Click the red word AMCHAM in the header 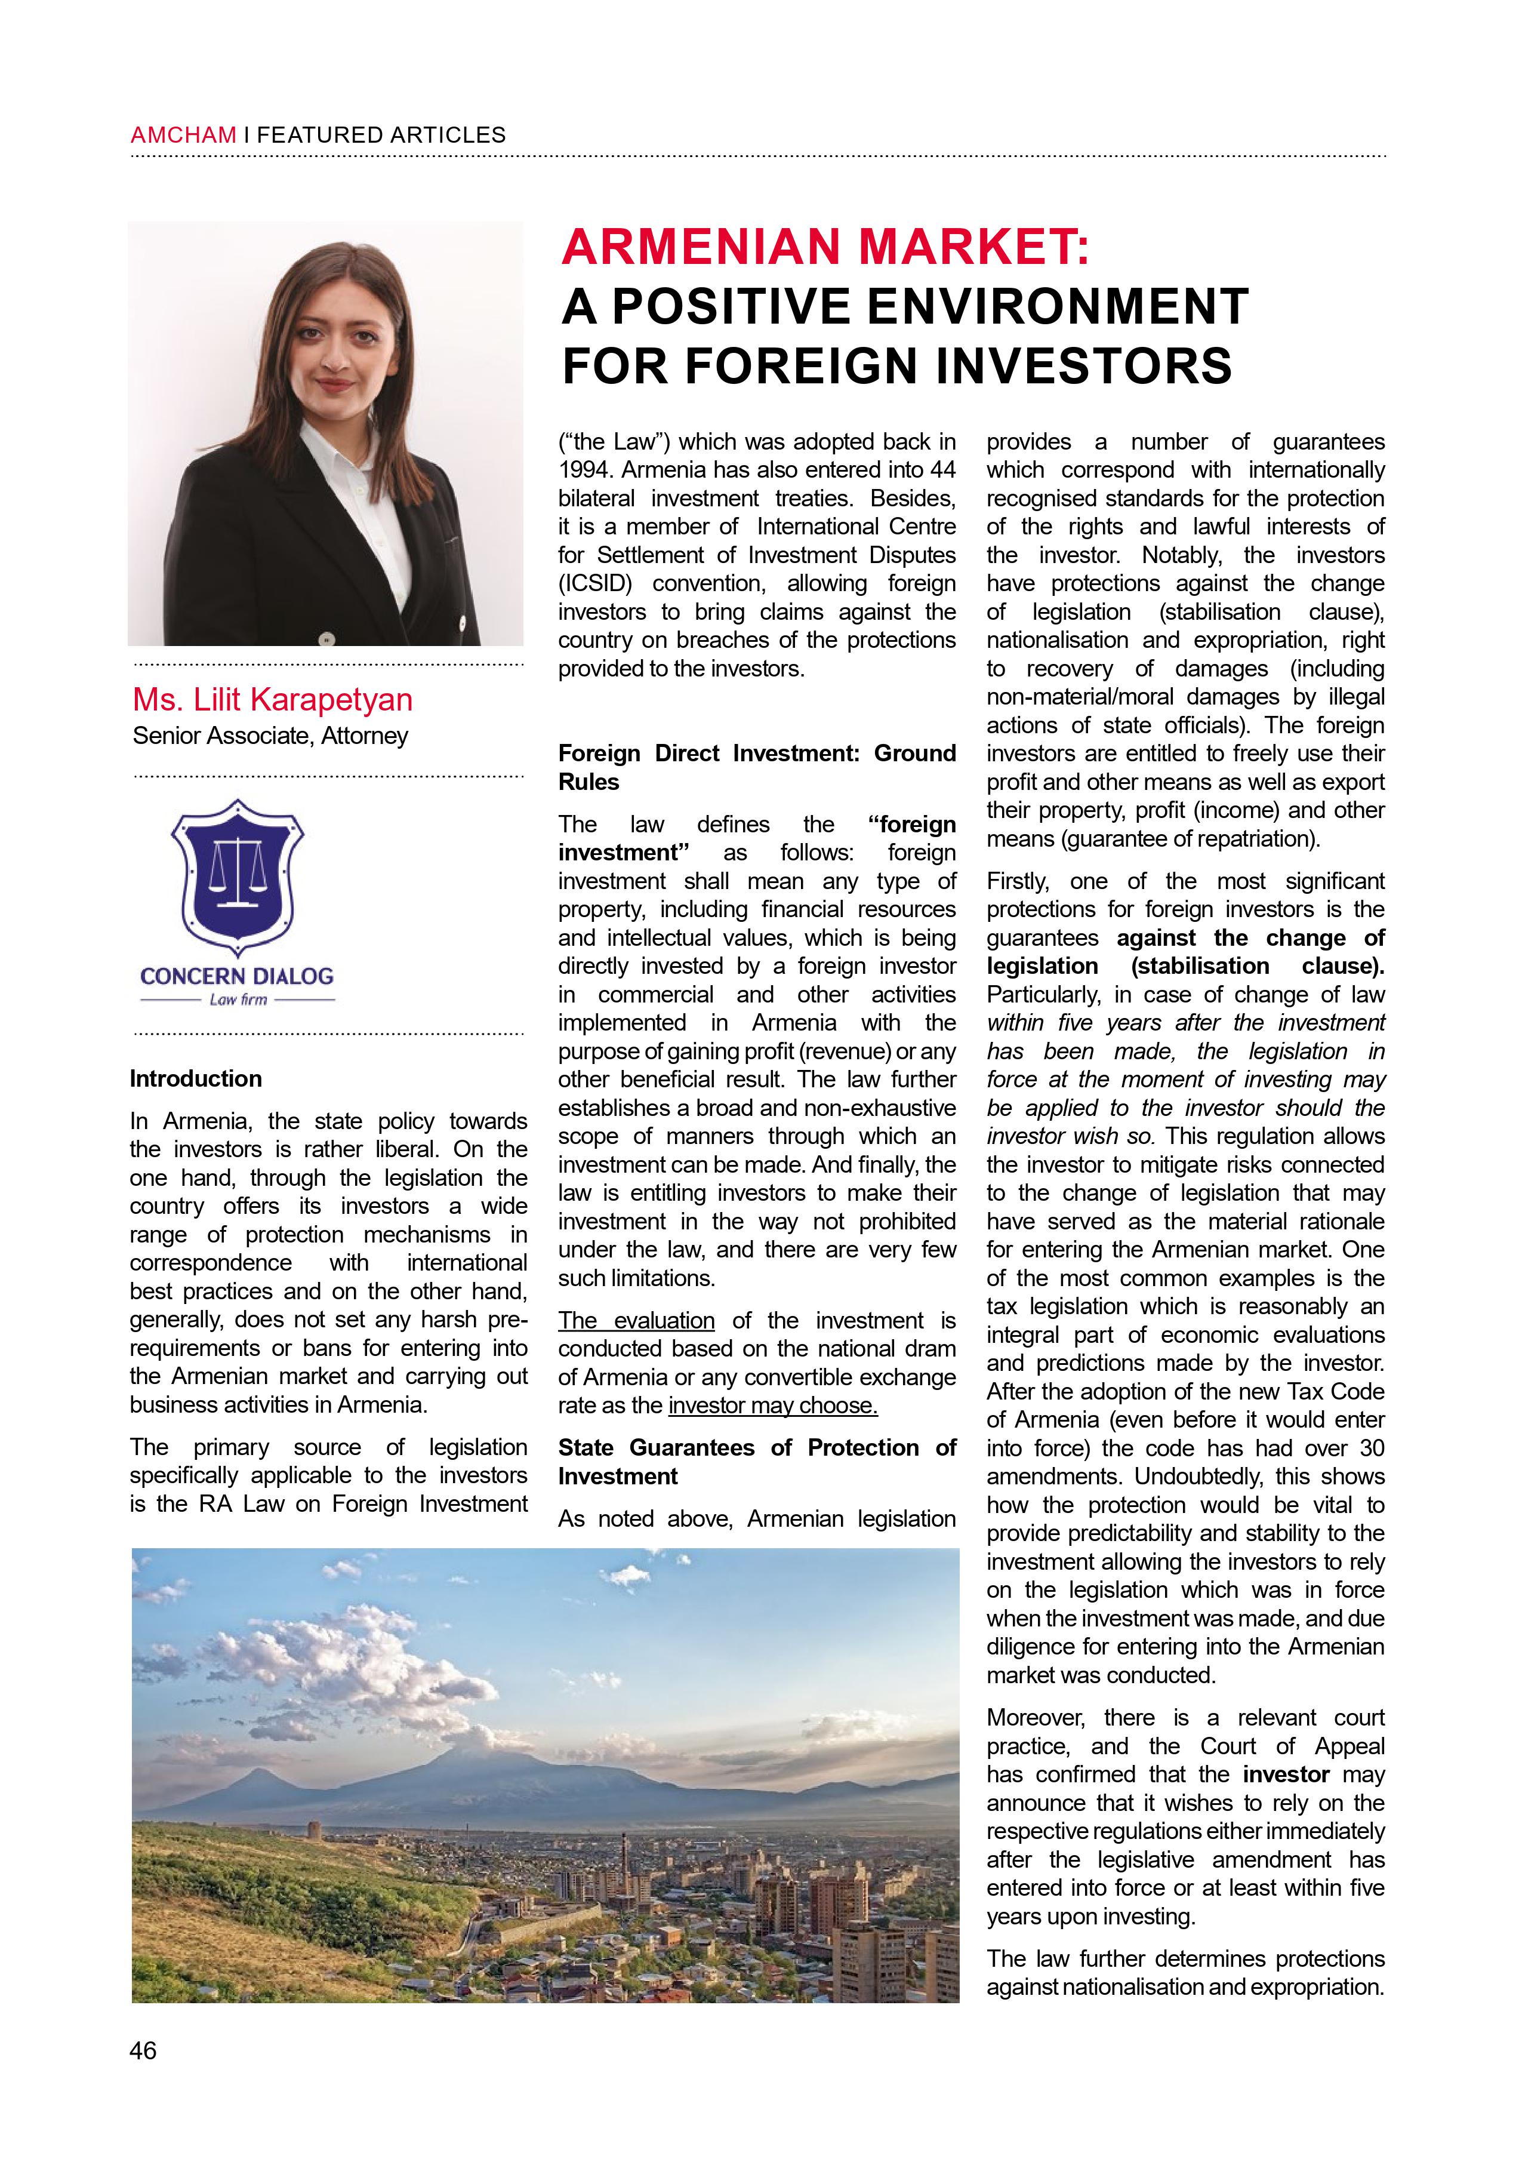coord(183,135)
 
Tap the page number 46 coord(143,2050)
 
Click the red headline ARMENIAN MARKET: coord(826,247)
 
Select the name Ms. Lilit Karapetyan coord(273,700)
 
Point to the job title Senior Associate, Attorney coord(270,736)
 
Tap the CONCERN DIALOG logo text coord(236,976)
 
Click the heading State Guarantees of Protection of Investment coord(756,1462)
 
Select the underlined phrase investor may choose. coord(772,1406)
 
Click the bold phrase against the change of coord(1251,938)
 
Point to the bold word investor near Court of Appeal coord(1286,1775)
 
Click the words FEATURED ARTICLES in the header coord(381,135)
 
